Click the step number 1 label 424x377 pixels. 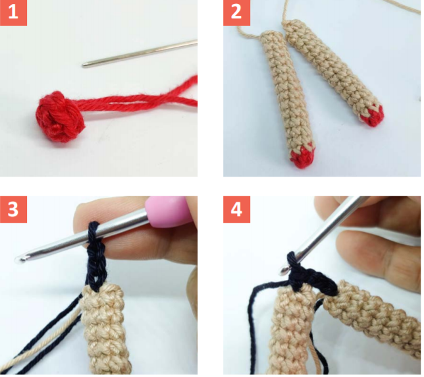[x=13, y=13]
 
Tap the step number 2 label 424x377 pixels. [x=236, y=13]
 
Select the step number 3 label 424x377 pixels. [x=13, y=209]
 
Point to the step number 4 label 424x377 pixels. [x=236, y=209]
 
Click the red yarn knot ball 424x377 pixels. [x=60, y=117]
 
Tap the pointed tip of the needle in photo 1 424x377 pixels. [x=83, y=65]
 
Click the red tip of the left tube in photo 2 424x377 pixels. [x=303, y=156]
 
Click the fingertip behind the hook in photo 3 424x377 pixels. [x=90, y=214]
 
